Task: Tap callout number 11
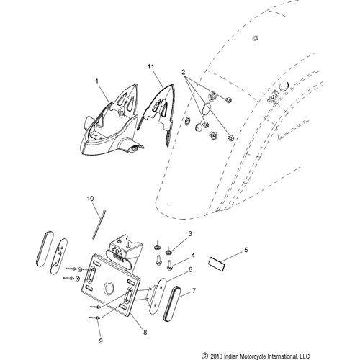tap(151, 67)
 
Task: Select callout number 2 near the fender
tap(184, 72)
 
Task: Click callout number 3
tap(190, 235)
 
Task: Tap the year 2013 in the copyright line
tap(220, 354)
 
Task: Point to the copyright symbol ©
tap(206, 354)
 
